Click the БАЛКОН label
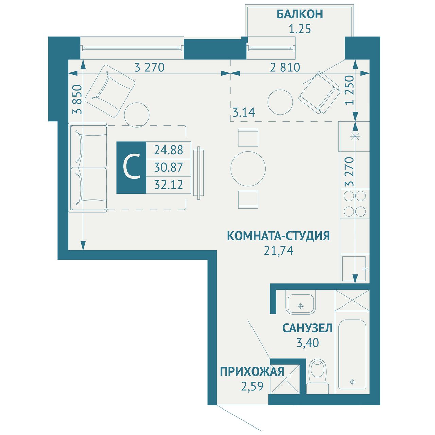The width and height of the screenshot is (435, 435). click(x=299, y=15)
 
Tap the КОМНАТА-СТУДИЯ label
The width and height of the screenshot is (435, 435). click(x=278, y=236)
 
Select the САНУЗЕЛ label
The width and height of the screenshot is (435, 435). click(x=308, y=328)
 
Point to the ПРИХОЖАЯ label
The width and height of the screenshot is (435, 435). click(x=252, y=371)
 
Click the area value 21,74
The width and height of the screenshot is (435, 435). click(x=279, y=250)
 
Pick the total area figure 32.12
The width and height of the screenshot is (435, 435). click(x=169, y=185)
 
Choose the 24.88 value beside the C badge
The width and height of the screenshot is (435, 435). click(x=169, y=150)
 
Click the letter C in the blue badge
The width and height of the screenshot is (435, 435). click(x=132, y=168)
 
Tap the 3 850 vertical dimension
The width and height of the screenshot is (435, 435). click(x=77, y=99)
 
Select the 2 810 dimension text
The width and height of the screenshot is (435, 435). click(x=285, y=67)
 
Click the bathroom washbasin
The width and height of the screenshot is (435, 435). click(x=300, y=303)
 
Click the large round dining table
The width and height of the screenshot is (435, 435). click(x=248, y=169)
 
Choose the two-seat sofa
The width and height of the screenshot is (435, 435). click(x=88, y=168)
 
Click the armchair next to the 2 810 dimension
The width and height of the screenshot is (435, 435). click(x=319, y=92)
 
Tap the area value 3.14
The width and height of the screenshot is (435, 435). click(x=244, y=112)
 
